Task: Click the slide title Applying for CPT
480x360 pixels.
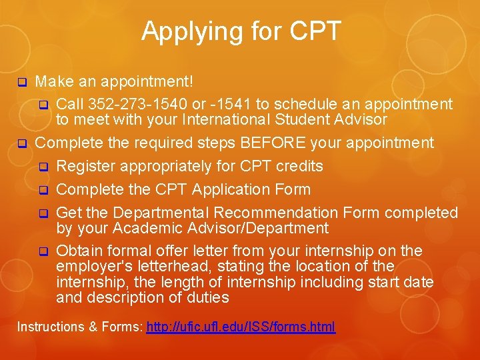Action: tap(241, 31)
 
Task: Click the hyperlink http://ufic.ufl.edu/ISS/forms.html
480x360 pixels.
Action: tap(241, 327)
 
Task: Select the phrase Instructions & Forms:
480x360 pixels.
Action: tap(79, 327)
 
